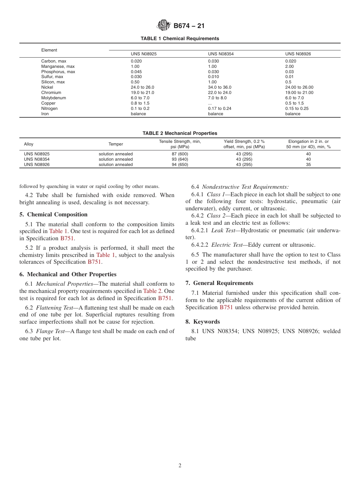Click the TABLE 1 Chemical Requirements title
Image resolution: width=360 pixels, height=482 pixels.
point(180,39)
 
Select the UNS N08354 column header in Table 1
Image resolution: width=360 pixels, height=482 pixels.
point(221,54)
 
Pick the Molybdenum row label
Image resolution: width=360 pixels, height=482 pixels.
point(53,98)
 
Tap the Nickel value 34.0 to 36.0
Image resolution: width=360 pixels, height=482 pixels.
point(220,87)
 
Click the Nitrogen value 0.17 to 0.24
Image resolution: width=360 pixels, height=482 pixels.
point(220,108)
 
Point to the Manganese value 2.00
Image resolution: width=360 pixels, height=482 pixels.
point(290,66)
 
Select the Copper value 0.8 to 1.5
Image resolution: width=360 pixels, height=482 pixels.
point(140,103)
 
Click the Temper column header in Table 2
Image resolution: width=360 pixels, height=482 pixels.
point(116,144)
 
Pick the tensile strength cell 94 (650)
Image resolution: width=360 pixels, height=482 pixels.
point(180,164)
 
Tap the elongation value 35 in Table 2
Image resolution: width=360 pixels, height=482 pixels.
point(308,164)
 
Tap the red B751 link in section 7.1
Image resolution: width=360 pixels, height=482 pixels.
point(226,307)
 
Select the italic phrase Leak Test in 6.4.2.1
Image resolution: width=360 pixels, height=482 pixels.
point(223,230)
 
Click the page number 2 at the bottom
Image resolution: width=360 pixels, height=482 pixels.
point(180,466)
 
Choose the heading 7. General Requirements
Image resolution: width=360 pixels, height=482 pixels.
point(219,283)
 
